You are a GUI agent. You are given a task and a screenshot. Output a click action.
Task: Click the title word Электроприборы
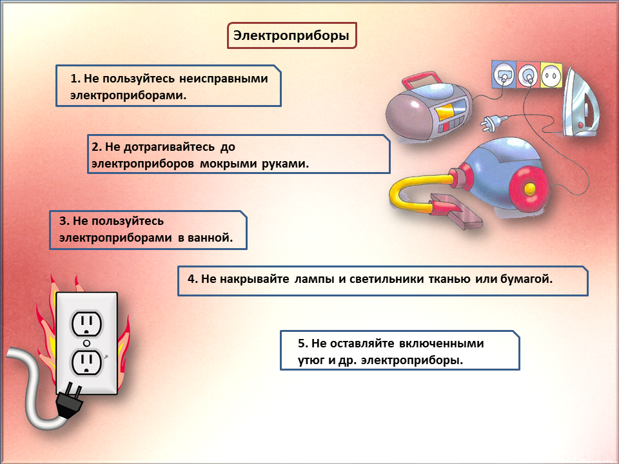(x=291, y=36)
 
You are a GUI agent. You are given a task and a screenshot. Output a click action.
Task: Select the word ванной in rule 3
(x=210, y=238)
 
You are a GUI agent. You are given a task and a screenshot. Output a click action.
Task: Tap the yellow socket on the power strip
(x=551, y=74)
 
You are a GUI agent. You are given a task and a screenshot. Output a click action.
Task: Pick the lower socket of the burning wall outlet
(x=86, y=363)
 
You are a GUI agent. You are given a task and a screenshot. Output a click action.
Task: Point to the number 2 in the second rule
(x=93, y=146)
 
